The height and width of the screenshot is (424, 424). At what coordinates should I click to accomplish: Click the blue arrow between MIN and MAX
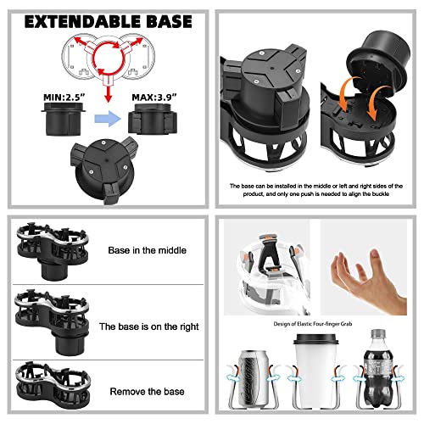[104, 121]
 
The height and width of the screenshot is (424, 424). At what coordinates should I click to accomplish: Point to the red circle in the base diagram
[105, 59]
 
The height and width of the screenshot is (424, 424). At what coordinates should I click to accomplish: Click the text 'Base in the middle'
[148, 251]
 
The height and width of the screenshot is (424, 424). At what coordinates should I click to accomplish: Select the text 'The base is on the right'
[148, 326]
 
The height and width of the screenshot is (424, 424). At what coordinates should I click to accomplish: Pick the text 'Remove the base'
[148, 393]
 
